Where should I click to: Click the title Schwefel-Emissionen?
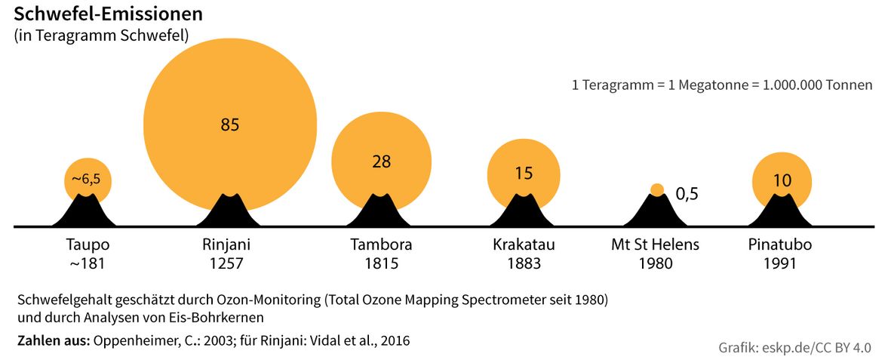click(x=108, y=14)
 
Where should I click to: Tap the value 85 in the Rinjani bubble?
click(x=230, y=125)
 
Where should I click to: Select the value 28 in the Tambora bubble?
click(x=381, y=161)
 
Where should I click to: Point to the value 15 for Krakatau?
click(x=524, y=174)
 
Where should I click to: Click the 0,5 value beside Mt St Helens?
click(x=687, y=194)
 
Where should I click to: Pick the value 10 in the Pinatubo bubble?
click(x=782, y=181)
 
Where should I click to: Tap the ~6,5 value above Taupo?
click(x=87, y=179)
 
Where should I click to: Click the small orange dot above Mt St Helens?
click(x=657, y=189)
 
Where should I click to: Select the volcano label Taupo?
click(x=88, y=245)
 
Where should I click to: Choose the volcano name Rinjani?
click(x=226, y=245)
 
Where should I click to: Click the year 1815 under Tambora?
click(x=381, y=264)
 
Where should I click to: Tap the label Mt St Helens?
click(x=655, y=245)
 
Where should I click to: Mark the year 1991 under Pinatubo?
click(x=780, y=264)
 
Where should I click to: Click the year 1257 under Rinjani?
click(x=226, y=264)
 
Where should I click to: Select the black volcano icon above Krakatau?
click(x=521, y=211)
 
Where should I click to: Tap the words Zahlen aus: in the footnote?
click(x=53, y=341)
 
